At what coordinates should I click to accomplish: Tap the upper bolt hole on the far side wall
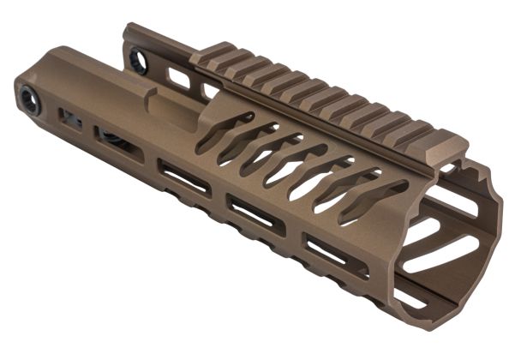click(138, 59)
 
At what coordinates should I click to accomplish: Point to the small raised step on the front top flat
click(163, 105)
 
